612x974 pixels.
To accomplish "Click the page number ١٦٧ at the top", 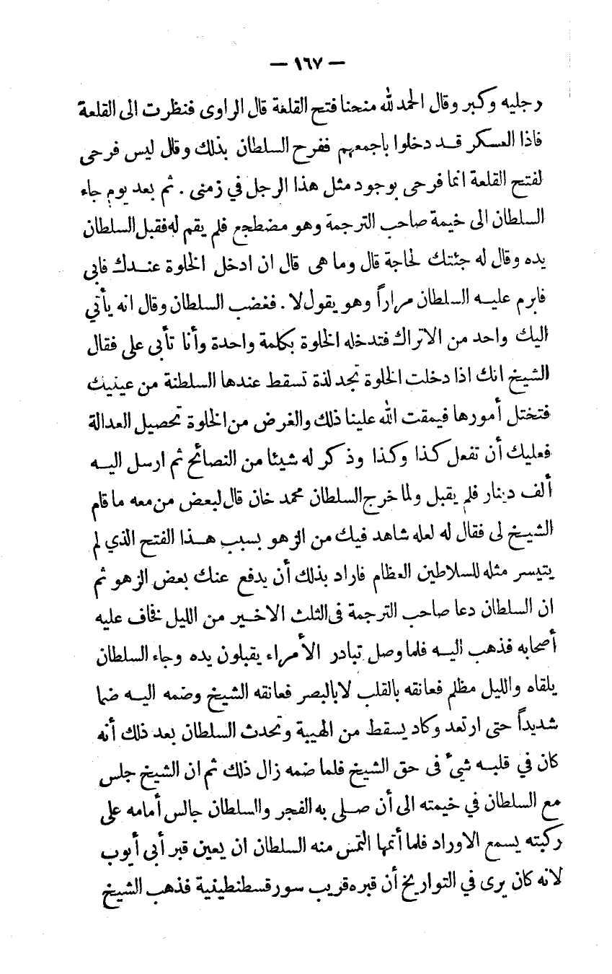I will [307, 64].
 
